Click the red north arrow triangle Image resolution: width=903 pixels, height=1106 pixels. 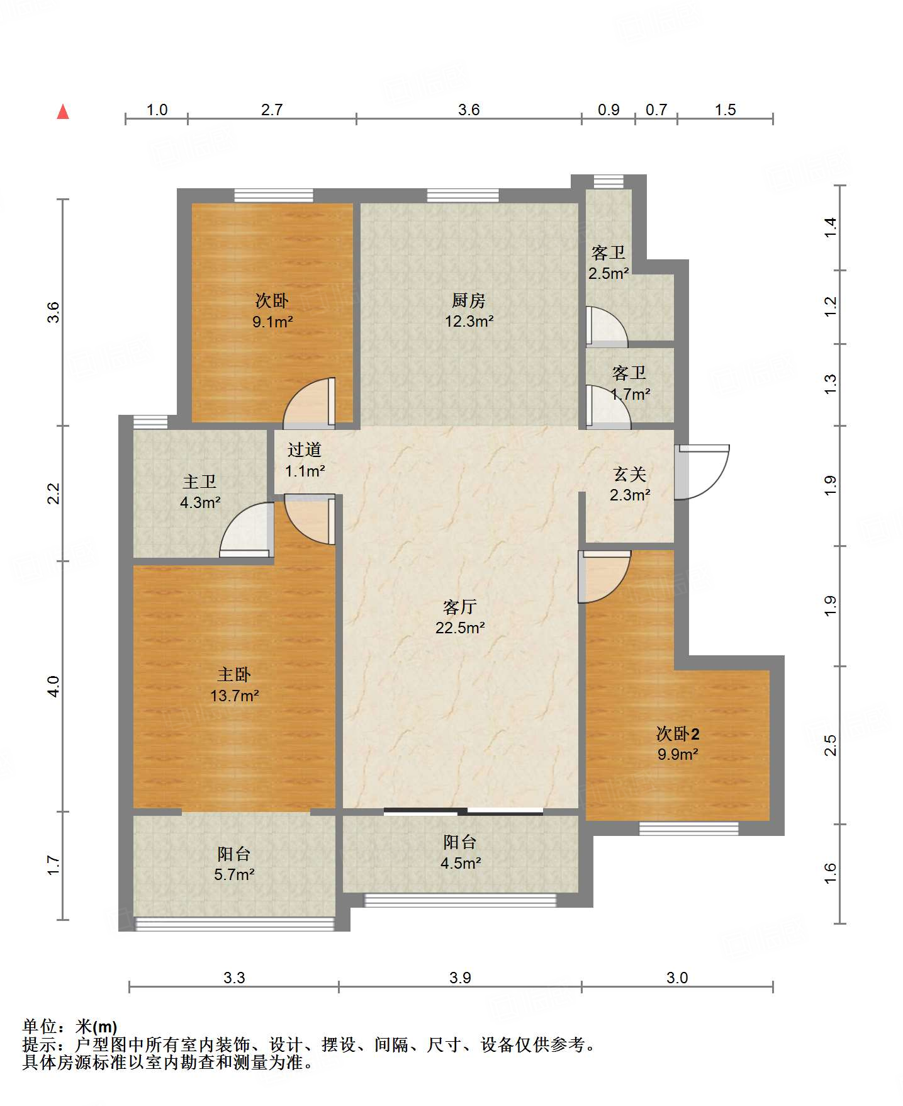click(63, 111)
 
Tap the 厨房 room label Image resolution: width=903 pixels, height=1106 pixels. click(469, 301)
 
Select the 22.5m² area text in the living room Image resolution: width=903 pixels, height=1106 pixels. click(460, 628)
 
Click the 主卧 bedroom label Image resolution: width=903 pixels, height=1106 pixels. click(234, 675)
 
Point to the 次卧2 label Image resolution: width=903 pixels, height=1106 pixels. click(678, 734)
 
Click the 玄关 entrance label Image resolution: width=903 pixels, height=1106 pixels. click(630, 474)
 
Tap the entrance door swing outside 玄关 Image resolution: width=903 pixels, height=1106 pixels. click(702, 473)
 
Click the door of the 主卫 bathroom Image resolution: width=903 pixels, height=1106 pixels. click(246, 529)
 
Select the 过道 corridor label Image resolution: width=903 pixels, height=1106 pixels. click(305, 449)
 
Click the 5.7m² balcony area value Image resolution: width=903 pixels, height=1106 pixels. click(234, 874)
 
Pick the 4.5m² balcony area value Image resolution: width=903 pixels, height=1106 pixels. click(461, 863)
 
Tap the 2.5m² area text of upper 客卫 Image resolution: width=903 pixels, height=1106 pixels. click(609, 273)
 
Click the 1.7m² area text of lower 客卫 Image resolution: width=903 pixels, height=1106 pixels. click(631, 394)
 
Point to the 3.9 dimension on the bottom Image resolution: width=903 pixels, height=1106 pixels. click(460, 978)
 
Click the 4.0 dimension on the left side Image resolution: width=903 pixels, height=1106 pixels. click(53, 686)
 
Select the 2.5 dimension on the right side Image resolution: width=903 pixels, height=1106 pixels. click(830, 745)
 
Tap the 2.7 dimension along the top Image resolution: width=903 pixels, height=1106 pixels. click(272, 110)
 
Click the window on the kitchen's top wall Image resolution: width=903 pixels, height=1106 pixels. click(463, 196)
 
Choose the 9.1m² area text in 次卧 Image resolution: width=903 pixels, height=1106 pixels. click(272, 322)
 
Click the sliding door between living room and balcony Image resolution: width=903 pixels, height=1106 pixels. click(463, 811)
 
